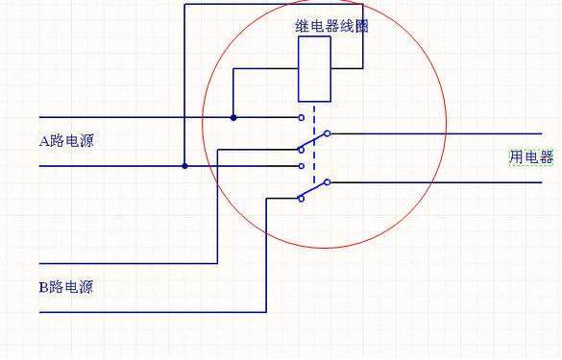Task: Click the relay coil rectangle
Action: [x=314, y=70]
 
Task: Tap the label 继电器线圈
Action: [x=330, y=27]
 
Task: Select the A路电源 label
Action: [x=66, y=141]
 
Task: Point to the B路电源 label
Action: [x=66, y=286]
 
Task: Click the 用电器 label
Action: [x=531, y=157]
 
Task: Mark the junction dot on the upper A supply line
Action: [x=233, y=117]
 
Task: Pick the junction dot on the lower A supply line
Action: [x=184, y=165]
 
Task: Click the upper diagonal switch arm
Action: [x=313, y=141]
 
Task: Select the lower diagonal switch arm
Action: [x=313, y=190]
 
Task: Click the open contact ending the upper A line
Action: [x=302, y=117]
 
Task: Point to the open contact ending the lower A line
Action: [x=302, y=165]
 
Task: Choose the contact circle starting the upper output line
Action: [x=328, y=133]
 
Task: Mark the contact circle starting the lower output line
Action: [x=328, y=181]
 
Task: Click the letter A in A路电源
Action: [x=43, y=141]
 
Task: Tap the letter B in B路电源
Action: [x=43, y=286]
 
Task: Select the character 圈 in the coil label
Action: [x=361, y=27]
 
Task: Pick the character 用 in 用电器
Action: [x=516, y=157]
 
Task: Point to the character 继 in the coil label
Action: [x=301, y=27]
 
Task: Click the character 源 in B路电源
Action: [x=86, y=286]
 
